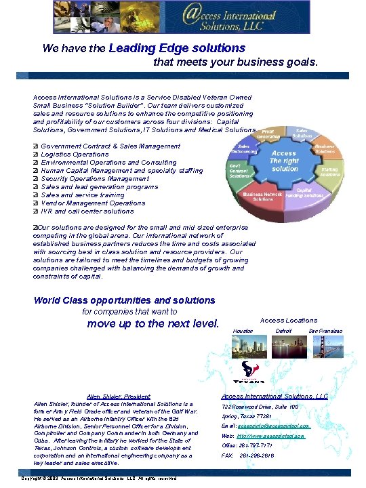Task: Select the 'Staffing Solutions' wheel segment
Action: tap(329, 172)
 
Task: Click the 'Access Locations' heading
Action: tap(288, 320)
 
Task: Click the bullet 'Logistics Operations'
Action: tap(75, 155)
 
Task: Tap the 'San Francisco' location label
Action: tap(325, 330)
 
